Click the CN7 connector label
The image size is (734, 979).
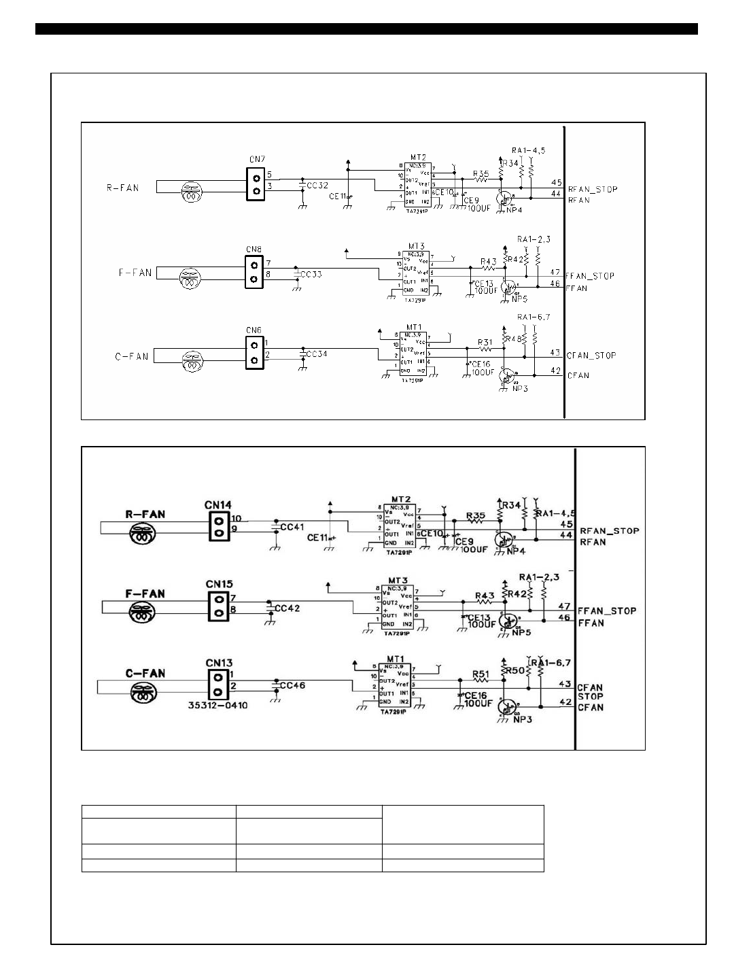pos(256,159)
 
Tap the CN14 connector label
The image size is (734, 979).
pos(218,505)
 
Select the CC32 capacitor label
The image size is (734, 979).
pos(317,185)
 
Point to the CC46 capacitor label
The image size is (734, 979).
pos(292,685)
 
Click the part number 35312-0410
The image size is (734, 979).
pos(217,705)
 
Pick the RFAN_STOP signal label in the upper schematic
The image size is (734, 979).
pos(593,189)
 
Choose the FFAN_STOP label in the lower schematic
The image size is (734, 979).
pos(607,611)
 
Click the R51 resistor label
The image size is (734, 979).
pos(481,674)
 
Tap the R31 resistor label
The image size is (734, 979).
pos(485,342)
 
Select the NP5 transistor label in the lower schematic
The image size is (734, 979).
pos(521,632)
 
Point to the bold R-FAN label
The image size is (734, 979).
pos(145,514)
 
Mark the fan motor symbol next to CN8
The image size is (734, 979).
pos(191,277)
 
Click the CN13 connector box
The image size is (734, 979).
pos(217,685)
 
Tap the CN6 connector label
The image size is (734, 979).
pos(254,330)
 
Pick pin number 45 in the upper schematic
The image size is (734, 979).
pos(556,182)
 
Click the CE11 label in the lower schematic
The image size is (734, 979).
pos(318,537)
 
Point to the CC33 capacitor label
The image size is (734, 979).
pos(311,274)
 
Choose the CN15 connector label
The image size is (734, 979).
pos(219,584)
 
